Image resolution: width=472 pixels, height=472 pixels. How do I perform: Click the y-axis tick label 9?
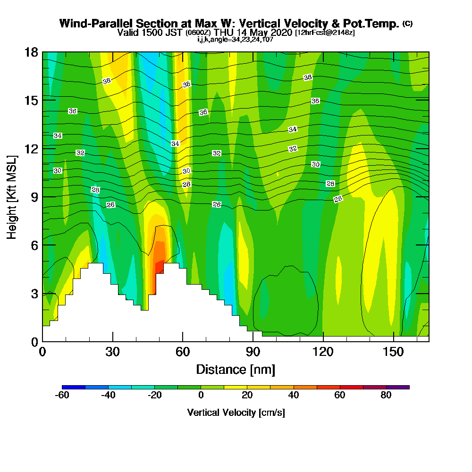(34, 197)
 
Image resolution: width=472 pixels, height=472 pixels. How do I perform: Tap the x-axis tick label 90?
(253, 352)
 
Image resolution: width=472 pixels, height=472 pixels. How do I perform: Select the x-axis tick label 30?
(112, 352)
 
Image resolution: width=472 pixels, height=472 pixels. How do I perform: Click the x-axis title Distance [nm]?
(236, 369)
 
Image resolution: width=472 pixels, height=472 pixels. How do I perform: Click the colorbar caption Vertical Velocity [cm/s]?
(236, 413)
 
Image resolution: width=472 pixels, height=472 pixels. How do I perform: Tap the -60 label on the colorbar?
(62, 396)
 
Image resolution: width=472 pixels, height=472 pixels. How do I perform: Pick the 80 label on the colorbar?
(386, 396)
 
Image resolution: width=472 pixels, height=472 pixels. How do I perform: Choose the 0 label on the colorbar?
(201, 396)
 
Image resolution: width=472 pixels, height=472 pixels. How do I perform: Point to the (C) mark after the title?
(407, 24)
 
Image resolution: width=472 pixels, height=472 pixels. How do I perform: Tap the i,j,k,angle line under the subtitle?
(235, 39)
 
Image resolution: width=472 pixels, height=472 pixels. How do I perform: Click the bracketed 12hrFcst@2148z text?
(325, 33)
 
